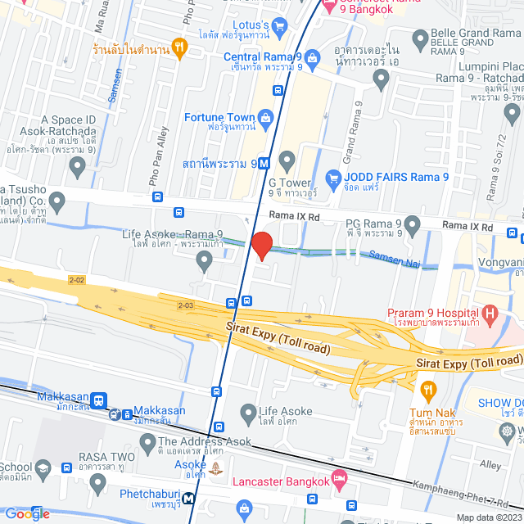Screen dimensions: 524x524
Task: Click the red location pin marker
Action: [261, 245]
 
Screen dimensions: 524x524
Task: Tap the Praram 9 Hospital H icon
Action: [490, 313]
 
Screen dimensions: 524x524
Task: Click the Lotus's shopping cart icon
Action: [280, 26]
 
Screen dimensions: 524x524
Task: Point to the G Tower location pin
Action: [287, 159]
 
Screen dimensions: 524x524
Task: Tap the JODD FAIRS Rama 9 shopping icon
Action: [332, 177]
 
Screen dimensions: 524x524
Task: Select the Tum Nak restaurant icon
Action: [427, 388]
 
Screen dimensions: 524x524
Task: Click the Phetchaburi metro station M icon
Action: [189, 497]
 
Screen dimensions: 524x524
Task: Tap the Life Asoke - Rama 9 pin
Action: [205, 260]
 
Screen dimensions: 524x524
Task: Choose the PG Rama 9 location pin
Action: [412, 224]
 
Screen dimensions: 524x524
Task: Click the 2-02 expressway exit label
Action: [77, 280]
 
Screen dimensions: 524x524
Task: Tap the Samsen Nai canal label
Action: [395, 257]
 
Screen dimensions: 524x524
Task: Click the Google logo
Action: [27, 513]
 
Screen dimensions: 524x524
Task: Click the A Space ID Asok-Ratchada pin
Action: [78, 167]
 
